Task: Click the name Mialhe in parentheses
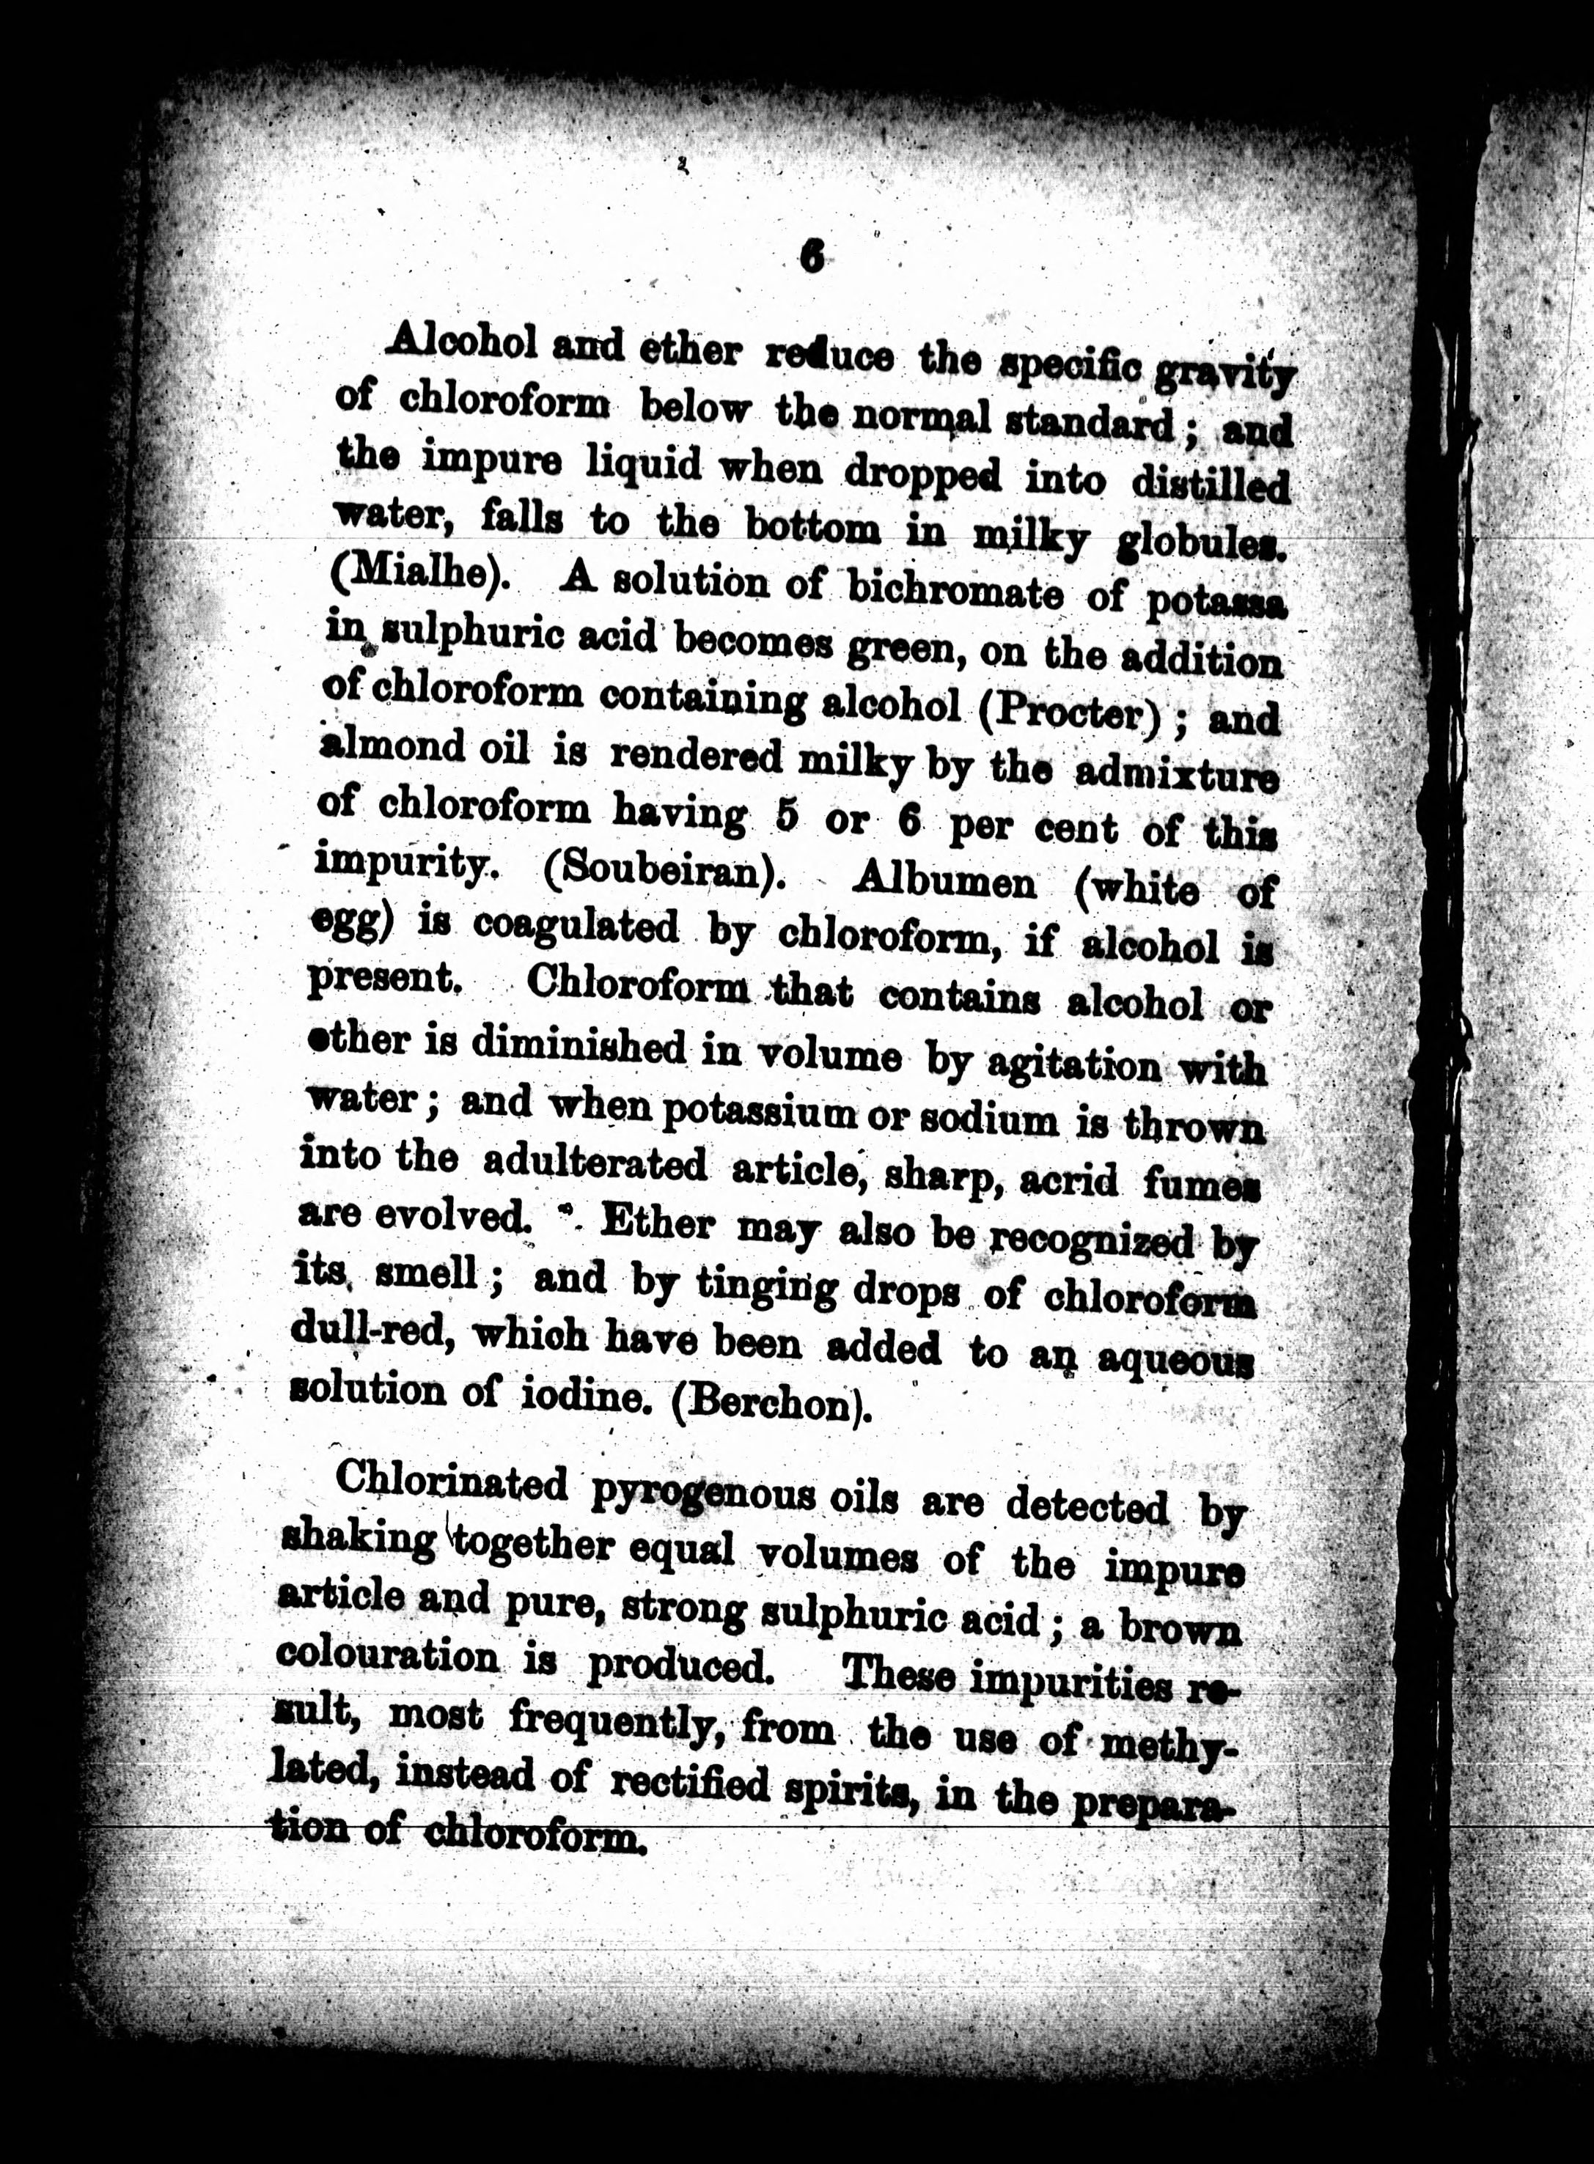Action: point(415,580)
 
